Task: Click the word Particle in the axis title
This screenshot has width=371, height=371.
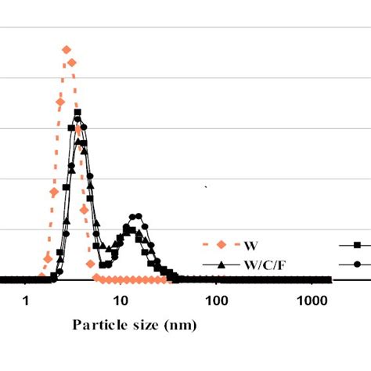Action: tap(98, 324)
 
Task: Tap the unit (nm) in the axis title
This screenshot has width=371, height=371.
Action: tap(180, 324)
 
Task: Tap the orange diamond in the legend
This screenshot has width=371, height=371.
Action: tap(222, 244)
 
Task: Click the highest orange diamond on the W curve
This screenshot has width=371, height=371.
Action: tap(67, 49)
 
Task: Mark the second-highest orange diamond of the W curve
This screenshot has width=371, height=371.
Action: tap(71, 63)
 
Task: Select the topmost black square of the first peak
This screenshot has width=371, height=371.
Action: tap(77, 113)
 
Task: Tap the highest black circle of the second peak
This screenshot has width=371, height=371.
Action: tap(136, 216)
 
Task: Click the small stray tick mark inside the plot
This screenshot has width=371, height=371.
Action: tap(206, 188)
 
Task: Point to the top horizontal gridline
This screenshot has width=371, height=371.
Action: tap(185, 27)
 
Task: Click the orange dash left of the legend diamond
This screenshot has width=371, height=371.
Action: tap(208, 244)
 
